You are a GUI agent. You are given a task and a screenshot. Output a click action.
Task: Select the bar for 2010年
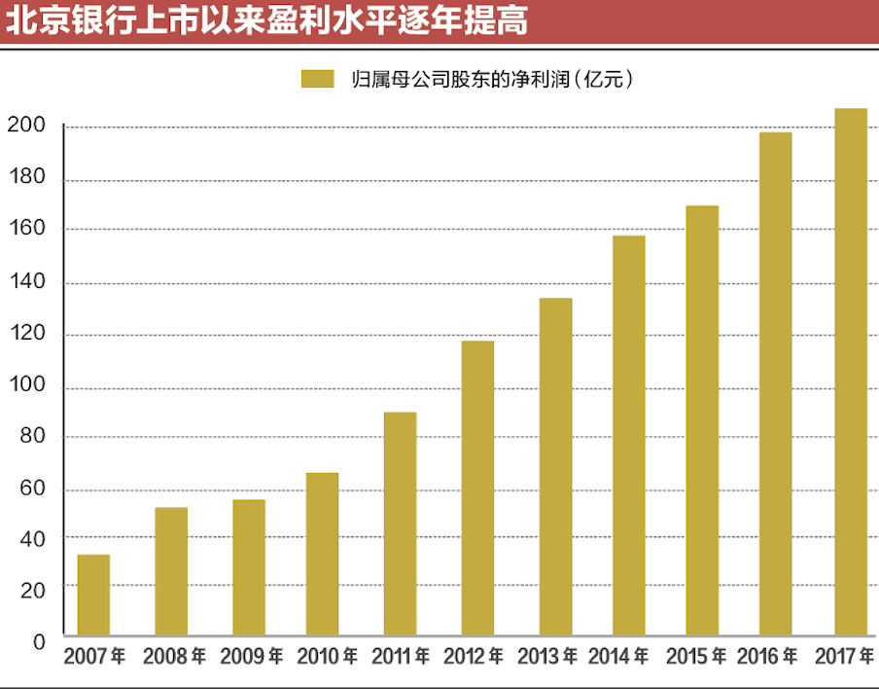point(322,554)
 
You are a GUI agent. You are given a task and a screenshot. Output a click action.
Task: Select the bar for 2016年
point(775,383)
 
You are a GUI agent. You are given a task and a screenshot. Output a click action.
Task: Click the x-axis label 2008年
point(173,657)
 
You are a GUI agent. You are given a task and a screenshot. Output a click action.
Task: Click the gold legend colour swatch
point(318,79)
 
